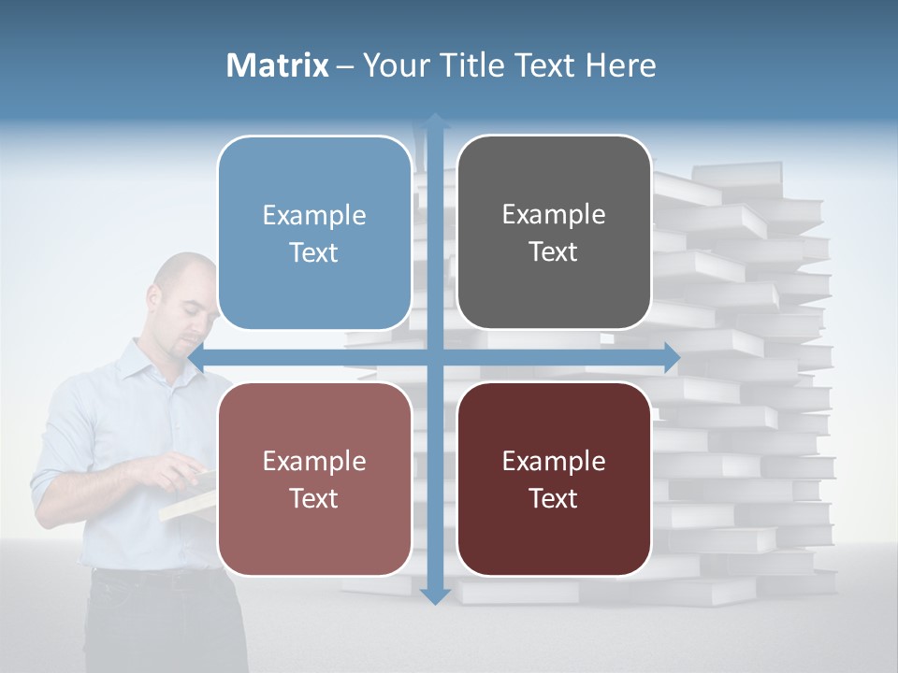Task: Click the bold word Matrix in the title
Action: [x=278, y=65]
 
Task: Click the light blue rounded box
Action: [x=314, y=233]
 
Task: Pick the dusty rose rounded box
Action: [x=314, y=479]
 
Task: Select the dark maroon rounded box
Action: [x=554, y=479]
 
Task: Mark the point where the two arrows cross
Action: [x=435, y=357]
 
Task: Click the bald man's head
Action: [x=183, y=290]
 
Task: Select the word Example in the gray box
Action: [x=554, y=214]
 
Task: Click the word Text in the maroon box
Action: [x=554, y=498]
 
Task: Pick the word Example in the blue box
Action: [x=314, y=215]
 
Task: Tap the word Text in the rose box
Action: [x=314, y=498]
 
